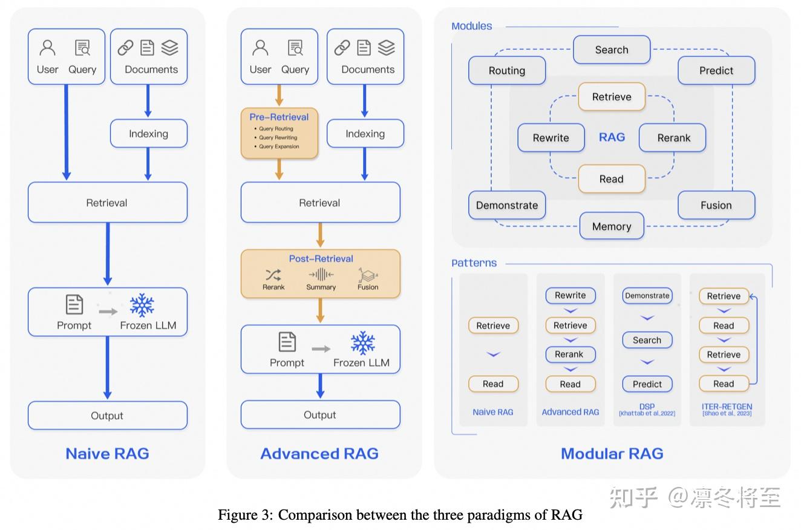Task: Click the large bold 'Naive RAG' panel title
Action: tap(107, 454)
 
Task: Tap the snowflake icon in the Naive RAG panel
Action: tap(142, 305)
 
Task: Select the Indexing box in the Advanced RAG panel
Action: tap(365, 134)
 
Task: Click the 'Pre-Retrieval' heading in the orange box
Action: tap(279, 117)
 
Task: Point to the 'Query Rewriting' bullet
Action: tap(278, 137)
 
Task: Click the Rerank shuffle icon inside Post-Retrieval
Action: tap(273, 275)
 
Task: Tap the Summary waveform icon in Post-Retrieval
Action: tap(321, 275)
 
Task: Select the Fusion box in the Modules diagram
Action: tap(716, 205)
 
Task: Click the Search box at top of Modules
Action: tap(611, 50)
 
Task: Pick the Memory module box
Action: tap(611, 226)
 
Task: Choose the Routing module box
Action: tap(506, 70)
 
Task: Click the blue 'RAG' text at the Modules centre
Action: tap(612, 137)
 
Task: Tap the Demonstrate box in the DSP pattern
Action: tap(647, 296)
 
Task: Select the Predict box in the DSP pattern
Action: tap(647, 384)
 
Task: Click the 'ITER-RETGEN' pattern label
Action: tap(727, 407)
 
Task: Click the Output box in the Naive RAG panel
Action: tap(107, 416)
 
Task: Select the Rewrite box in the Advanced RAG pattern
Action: tap(570, 295)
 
